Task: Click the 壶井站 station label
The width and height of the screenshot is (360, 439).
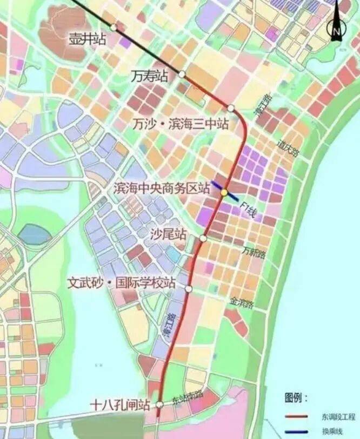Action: pyautogui.click(x=86, y=38)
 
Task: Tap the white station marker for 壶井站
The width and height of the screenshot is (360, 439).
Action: pyautogui.click(x=114, y=27)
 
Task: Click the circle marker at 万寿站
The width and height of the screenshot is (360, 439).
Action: pyautogui.click(x=182, y=74)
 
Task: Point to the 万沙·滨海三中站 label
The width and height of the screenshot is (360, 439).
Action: pyautogui.click(x=181, y=124)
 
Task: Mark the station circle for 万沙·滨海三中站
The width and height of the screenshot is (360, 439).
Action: pyautogui.click(x=231, y=108)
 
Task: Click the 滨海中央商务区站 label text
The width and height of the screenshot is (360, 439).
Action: pyautogui.click(x=162, y=188)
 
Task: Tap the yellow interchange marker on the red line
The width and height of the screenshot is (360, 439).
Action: pyautogui.click(x=223, y=192)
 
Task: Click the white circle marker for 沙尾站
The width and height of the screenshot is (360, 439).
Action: pyautogui.click(x=203, y=238)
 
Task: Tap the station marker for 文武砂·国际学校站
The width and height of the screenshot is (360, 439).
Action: pyautogui.click(x=189, y=289)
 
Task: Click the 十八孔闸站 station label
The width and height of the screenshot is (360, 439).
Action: pyautogui.click(x=120, y=404)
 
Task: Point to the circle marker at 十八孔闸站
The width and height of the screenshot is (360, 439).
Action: pyautogui.click(x=160, y=404)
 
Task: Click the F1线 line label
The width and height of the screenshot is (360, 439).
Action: pyautogui.click(x=248, y=210)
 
